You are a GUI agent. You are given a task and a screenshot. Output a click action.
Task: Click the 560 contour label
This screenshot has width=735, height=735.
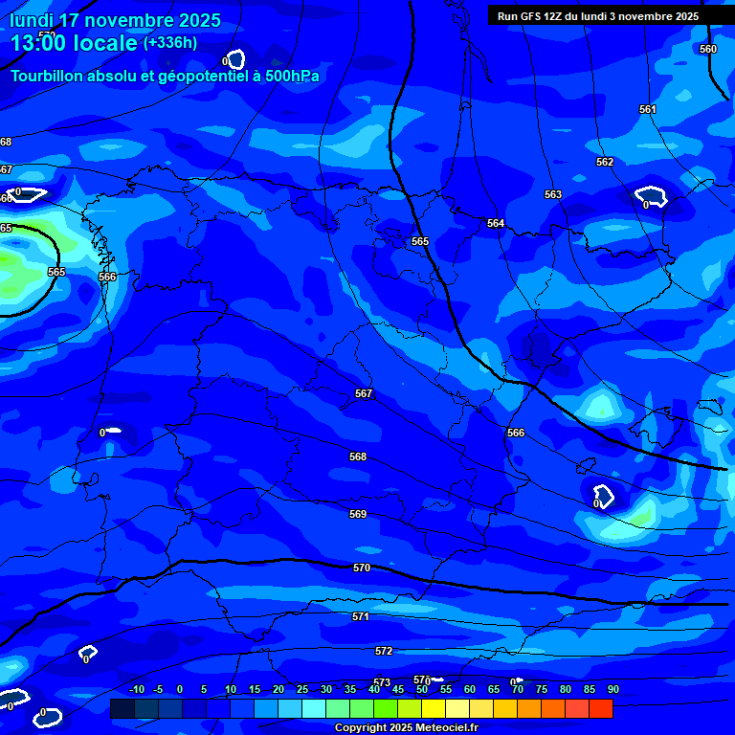pyautogui.click(x=708, y=49)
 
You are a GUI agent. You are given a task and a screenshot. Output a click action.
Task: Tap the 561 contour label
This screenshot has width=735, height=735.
pyautogui.click(x=648, y=109)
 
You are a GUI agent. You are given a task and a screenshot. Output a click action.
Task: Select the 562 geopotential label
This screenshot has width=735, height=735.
pyautogui.click(x=605, y=162)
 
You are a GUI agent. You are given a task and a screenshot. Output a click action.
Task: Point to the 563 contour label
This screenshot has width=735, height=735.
pyautogui.click(x=553, y=194)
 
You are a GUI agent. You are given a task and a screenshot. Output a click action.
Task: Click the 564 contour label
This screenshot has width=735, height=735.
pyautogui.click(x=496, y=223)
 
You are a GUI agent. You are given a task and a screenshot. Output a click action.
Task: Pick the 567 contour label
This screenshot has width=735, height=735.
pyautogui.click(x=364, y=393)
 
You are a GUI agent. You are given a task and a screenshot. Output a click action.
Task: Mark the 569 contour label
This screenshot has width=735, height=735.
pyautogui.click(x=358, y=514)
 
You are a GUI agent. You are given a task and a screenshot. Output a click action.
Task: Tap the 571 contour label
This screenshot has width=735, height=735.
pyautogui.click(x=361, y=616)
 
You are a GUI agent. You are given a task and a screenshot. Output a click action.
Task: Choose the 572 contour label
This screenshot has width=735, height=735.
pyautogui.click(x=384, y=651)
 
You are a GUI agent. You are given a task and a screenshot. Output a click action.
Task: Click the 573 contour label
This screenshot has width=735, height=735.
pyautogui.click(x=382, y=682)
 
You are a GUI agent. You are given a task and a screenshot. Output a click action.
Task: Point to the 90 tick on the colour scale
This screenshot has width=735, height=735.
pyautogui.click(x=613, y=689)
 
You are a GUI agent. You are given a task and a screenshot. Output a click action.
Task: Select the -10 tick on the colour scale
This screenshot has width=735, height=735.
pyautogui.click(x=136, y=689)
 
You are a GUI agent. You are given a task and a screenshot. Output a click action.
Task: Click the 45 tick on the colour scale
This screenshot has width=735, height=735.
pyautogui.click(x=398, y=689)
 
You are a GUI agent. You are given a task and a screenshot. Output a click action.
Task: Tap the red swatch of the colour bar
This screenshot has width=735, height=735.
pyautogui.click(x=601, y=708)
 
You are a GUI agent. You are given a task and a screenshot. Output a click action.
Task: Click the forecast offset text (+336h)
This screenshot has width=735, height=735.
pyautogui.click(x=170, y=43)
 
